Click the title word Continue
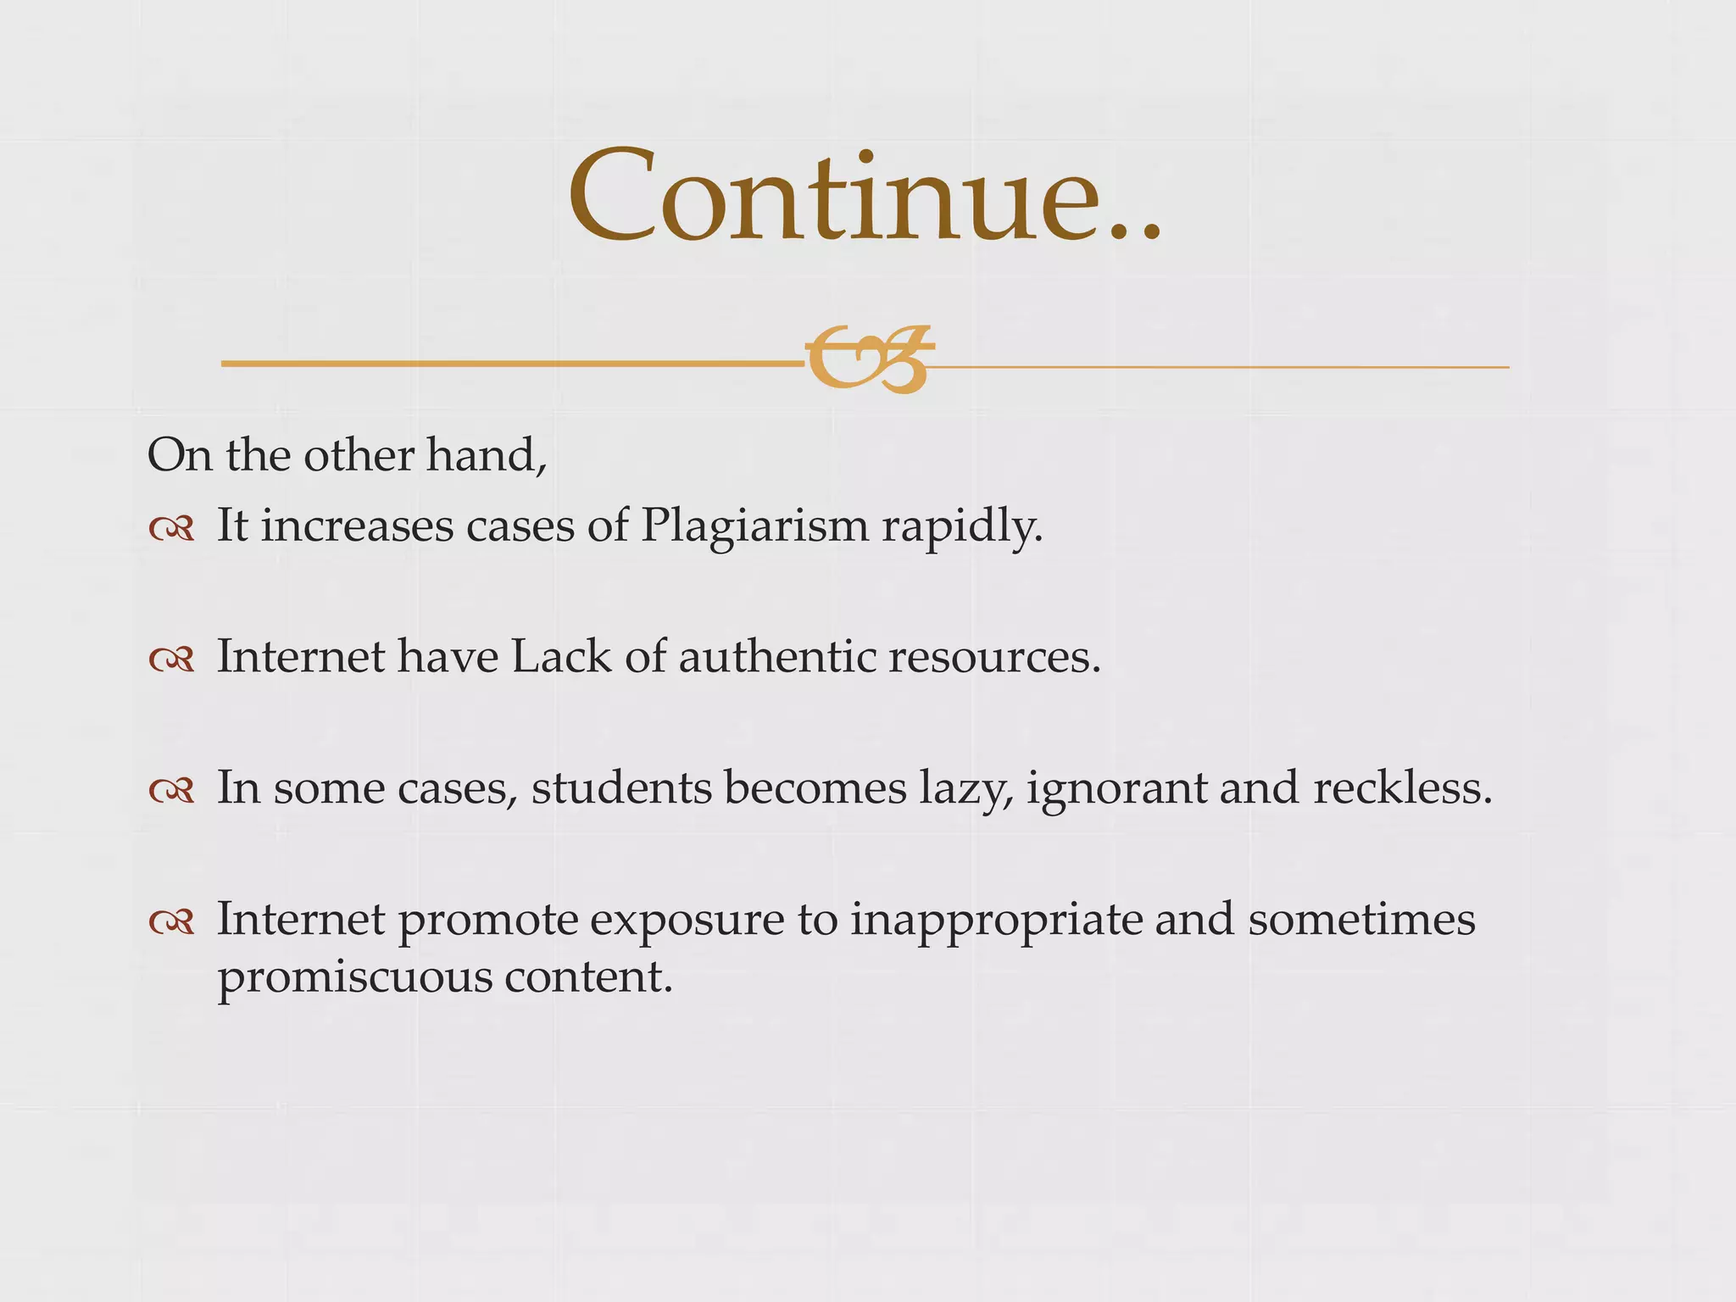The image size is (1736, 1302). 865,197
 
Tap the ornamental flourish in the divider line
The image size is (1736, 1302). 869,359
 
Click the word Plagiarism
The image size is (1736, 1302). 754,527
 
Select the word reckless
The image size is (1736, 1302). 1402,787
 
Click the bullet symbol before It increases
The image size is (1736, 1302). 171,530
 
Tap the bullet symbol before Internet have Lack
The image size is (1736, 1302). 171,659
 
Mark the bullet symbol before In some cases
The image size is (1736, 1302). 171,791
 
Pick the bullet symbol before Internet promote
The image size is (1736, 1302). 171,921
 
